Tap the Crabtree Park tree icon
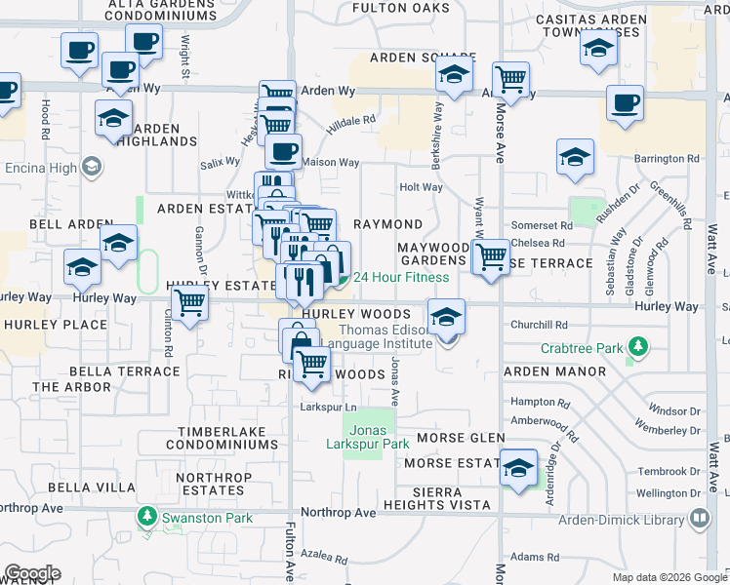(x=638, y=346)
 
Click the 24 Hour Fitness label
(x=401, y=278)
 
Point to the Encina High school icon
(x=92, y=167)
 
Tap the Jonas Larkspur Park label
(x=367, y=437)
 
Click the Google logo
(x=32, y=573)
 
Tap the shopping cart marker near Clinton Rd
(x=189, y=304)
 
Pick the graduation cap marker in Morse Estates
(x=519, y=468)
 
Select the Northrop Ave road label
(x=338, y=512)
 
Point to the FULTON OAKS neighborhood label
(x=408, y=8)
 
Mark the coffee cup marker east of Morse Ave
(x=625, y=102)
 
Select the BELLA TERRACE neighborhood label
(x=123, y=371)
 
